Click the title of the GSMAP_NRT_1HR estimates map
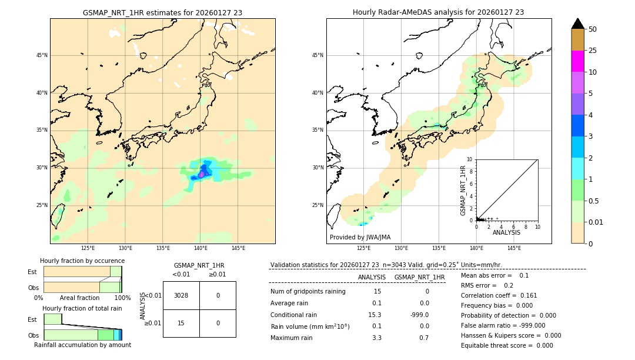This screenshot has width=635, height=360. point(162,12)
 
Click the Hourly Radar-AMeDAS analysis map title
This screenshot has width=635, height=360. point(438,12)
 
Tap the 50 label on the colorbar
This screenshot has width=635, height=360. point(593,29)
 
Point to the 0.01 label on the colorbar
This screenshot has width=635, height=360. point(596,222)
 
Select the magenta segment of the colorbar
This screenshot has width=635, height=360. point(577,61)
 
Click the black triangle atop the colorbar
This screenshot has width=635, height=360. point(577,24)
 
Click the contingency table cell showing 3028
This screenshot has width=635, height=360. point(181,295)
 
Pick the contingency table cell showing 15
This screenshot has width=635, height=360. point(181,323)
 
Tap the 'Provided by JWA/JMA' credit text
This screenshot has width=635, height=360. point(360,237)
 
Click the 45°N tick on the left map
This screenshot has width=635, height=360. point(42,55)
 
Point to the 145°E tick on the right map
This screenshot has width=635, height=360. point(514,248)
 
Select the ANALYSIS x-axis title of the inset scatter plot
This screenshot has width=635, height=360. point(506,232)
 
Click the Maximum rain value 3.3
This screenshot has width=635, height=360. point(377,338)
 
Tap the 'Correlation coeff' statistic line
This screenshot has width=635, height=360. point(499,295)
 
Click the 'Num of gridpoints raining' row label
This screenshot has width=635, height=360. point(308,292)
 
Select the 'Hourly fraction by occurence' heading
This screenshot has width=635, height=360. point(82,261)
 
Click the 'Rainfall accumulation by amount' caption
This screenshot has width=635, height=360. point(82,345)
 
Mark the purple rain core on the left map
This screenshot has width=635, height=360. point(202,174)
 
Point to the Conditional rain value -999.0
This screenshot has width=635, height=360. point(419,315)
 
